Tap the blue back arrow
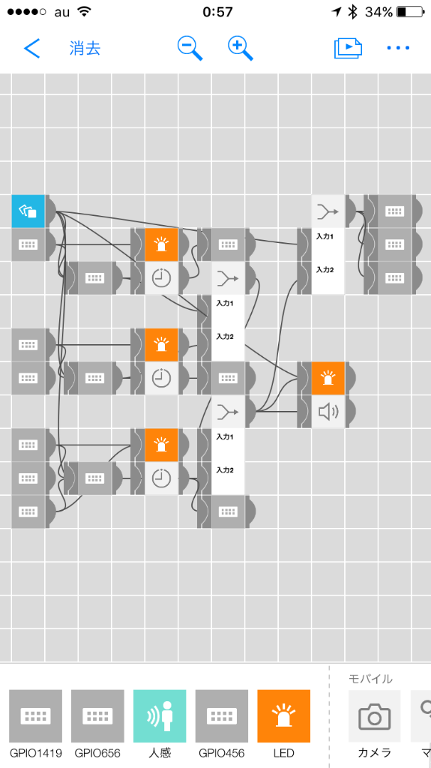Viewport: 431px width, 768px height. [x=31, y=49]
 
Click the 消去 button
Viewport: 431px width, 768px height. [x=85, y=49]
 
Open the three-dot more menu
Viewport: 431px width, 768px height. [x=398, y=48]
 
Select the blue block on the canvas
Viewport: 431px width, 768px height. [x=28, y=211]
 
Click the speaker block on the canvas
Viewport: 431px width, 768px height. [x=328, y=412]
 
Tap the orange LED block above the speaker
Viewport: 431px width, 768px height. [x=328, y=378]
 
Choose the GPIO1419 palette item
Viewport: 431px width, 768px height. [x=36, y=716]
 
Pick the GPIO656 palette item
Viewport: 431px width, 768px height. [x=97, y=716]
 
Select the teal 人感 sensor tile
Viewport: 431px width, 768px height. [x=160, y=716]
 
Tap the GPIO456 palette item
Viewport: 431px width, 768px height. [x=222, y=716]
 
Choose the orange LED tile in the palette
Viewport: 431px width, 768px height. [x=284, y=716]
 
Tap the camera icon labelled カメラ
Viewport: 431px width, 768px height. [x=375, y=716]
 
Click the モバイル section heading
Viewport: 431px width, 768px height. [x=370, y=679]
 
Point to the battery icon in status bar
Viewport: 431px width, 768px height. [x=411, y=12]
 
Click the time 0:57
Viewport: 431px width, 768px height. [x=217, y=12]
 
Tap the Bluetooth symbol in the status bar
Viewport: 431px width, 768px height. [x=352, y=12]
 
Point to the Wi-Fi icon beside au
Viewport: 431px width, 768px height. [x=85, y=12]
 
